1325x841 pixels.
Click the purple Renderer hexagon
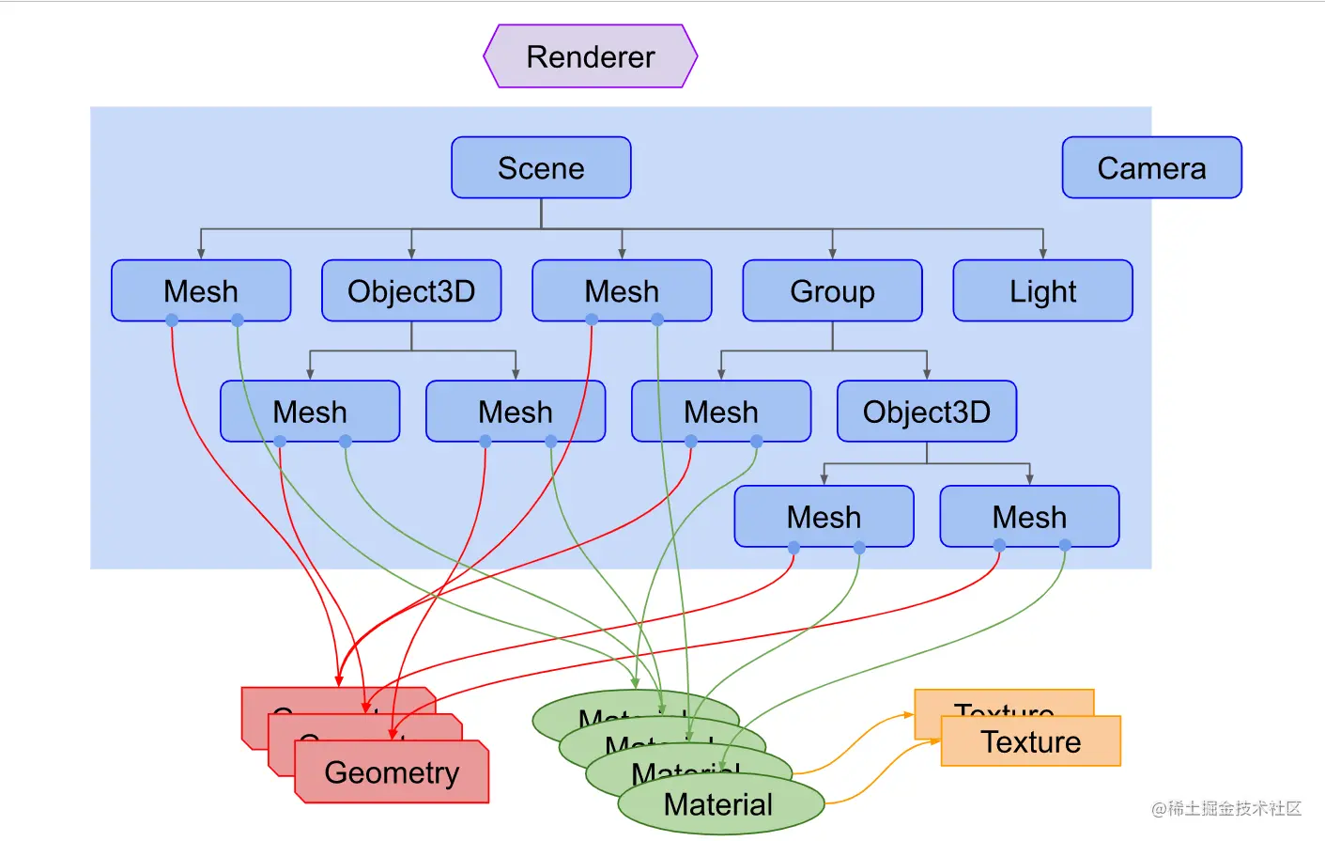coord(590,56)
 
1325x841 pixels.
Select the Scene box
coord(541,168)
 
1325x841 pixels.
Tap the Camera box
coord(1151,168)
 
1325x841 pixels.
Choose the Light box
coord(1042,291)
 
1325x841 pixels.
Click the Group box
coord(832,291)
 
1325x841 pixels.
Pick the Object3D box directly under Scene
coord(411,291)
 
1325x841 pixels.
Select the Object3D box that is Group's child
coord(927,412)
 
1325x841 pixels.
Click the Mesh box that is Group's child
coord(721,412)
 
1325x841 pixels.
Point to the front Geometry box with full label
coord(392,772)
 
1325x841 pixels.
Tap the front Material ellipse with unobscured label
coord(719,804)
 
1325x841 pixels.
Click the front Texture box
coord(1031,742)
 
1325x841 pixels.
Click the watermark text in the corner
coord(1226,808)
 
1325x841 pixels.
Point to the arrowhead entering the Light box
coord(1042,254)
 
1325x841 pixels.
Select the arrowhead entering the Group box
coord(832,254)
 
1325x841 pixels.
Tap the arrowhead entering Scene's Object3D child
coord(411,254)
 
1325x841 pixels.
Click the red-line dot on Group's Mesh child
coord(691,441)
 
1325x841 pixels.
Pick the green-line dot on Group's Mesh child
coord(757,441)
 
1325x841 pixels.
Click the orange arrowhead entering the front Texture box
coord(935,741)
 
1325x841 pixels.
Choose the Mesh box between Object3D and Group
coord(622,291)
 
